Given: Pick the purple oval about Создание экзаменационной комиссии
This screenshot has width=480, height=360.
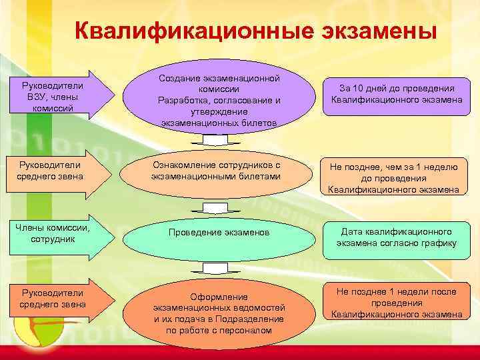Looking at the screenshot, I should (x=219, y=101).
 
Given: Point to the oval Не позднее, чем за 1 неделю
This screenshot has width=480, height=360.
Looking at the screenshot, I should (x=393, y=176).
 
